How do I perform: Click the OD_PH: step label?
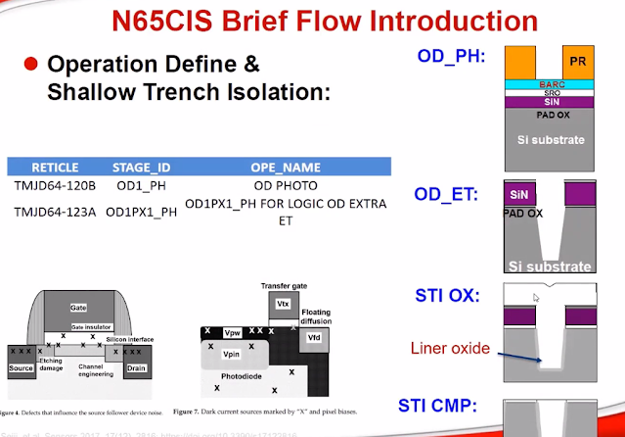click(452, 57)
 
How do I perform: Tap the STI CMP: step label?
click(452, 406)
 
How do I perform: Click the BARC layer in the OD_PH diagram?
click(551, 85)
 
